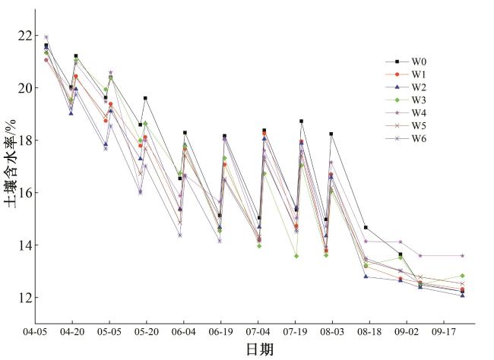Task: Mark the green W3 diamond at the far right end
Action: tap(462, 276)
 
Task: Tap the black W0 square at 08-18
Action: tap(366, 227)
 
